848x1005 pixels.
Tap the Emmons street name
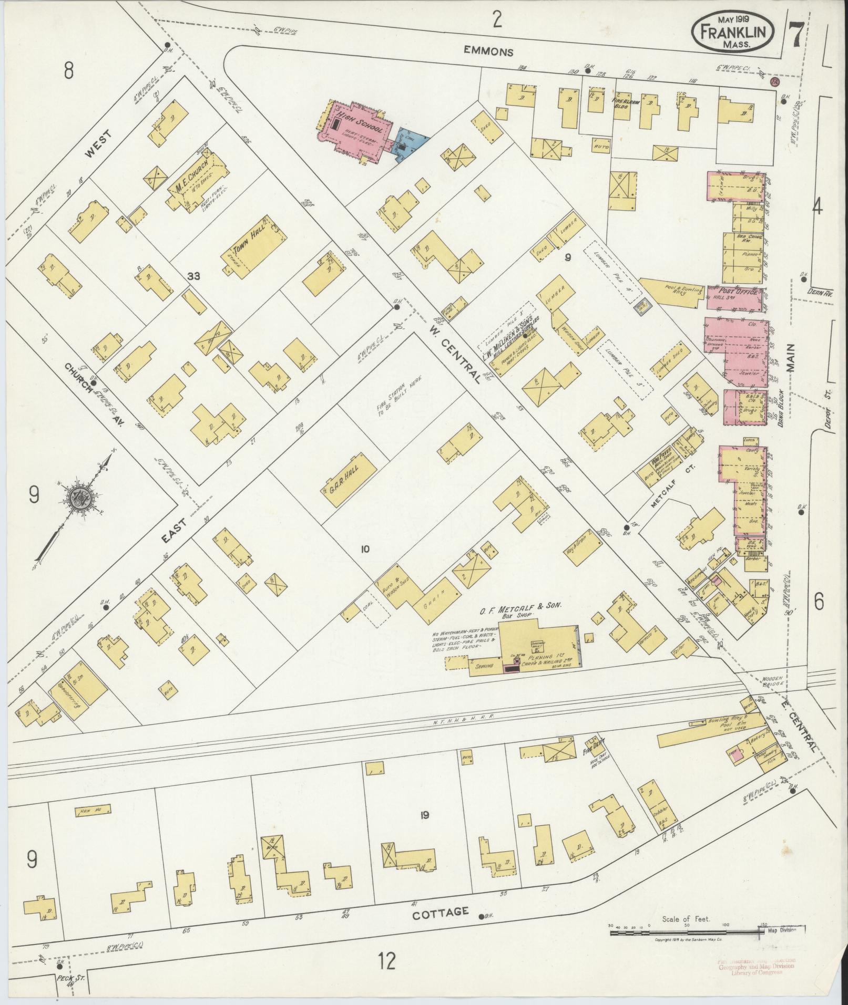coord(488,51)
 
